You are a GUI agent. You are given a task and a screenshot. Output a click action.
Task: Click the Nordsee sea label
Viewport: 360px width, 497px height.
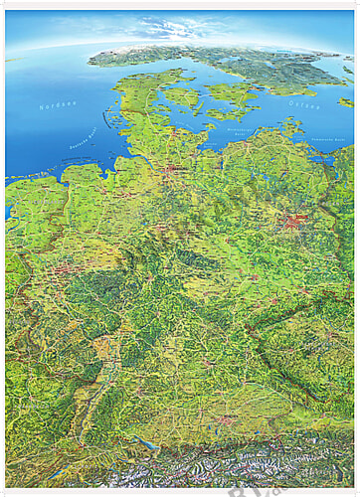(58, 105)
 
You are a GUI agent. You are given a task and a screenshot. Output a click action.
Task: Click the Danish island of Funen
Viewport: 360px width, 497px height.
(184, 96)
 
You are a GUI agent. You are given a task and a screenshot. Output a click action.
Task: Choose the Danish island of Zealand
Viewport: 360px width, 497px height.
(232, 94)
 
